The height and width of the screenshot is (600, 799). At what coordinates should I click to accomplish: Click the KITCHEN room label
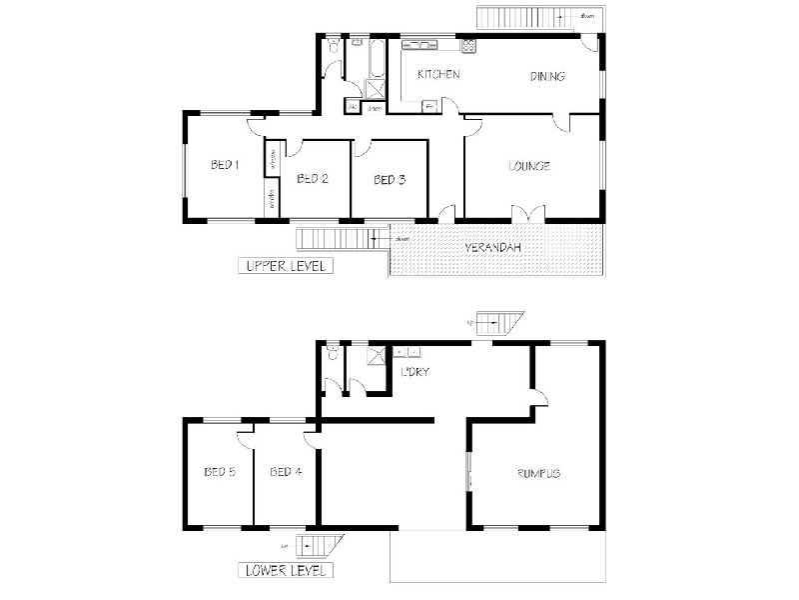click(x=437, y=75)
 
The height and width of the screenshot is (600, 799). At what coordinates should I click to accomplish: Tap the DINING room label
click(x=547, y=76)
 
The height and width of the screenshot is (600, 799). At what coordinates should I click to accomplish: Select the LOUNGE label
click(x=529, y=166)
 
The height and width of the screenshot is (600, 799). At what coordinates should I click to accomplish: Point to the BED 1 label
click(x=224, y=165)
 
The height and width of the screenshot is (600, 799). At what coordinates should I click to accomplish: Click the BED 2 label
click(x=313, y=179)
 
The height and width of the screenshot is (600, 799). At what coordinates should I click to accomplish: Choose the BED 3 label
click(x=390, y=180)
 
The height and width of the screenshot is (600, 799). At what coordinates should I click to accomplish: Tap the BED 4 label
click(x=286, y=472)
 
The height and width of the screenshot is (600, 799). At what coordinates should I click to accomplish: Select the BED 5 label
click(x=219, y=472)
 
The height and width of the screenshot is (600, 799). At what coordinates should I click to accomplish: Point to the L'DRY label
click(x=413, y=372)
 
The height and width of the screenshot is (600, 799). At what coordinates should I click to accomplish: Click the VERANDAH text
click(x=494, y=247)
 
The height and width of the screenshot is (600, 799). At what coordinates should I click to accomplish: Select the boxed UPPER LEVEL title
click(x=284, y=266)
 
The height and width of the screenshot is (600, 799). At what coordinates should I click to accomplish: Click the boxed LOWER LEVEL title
click(x=285, y=571)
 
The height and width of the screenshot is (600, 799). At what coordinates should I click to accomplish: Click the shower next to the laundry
click(x=377, y=354)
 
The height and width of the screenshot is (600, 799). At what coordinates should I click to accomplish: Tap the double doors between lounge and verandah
click(x=526, y=213)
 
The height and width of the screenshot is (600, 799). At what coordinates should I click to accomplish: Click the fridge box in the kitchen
click(x=429, y=106)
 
